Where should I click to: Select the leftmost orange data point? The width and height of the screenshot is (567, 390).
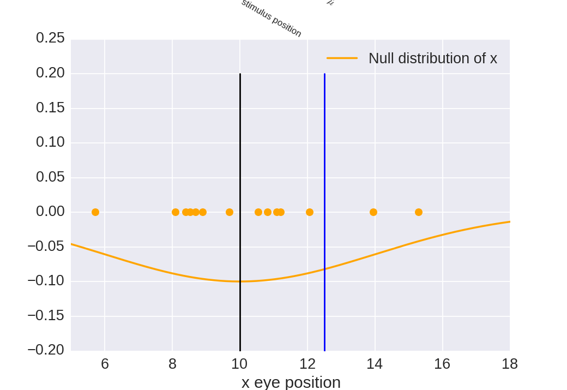[x=95, y=212]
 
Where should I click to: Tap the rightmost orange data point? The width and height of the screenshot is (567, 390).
[x=419, y=212]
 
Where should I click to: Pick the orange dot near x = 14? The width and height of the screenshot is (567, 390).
[x=373, y=212]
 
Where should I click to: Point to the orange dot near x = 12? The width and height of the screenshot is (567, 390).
[x=310, y=212]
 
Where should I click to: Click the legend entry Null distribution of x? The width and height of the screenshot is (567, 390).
[x=432, y=58]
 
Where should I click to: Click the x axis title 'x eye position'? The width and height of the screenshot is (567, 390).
[x=291, y=382]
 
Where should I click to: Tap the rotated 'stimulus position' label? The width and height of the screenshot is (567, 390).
[x=271, y=18]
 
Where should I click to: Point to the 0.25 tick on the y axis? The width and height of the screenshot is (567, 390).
[x=50, y=38]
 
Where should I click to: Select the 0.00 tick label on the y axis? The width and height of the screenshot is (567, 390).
[x=50, y=212]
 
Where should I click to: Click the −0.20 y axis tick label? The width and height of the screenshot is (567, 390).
[x=46, y=350]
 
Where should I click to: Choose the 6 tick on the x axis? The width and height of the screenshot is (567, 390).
[x=105, y=364]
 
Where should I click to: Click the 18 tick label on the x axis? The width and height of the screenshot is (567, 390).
[x=509, y=364]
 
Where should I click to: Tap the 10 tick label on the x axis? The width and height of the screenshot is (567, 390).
[x=239, y=364]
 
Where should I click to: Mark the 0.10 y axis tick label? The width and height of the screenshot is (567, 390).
[x=50, y=142]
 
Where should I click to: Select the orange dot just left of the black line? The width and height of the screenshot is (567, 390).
[x=230, y=212]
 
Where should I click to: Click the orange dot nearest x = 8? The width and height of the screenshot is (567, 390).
[x=176, y=212]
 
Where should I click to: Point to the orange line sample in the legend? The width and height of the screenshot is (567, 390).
[x=342, y=58]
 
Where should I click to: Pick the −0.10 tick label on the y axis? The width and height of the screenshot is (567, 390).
[x=46, y=281]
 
